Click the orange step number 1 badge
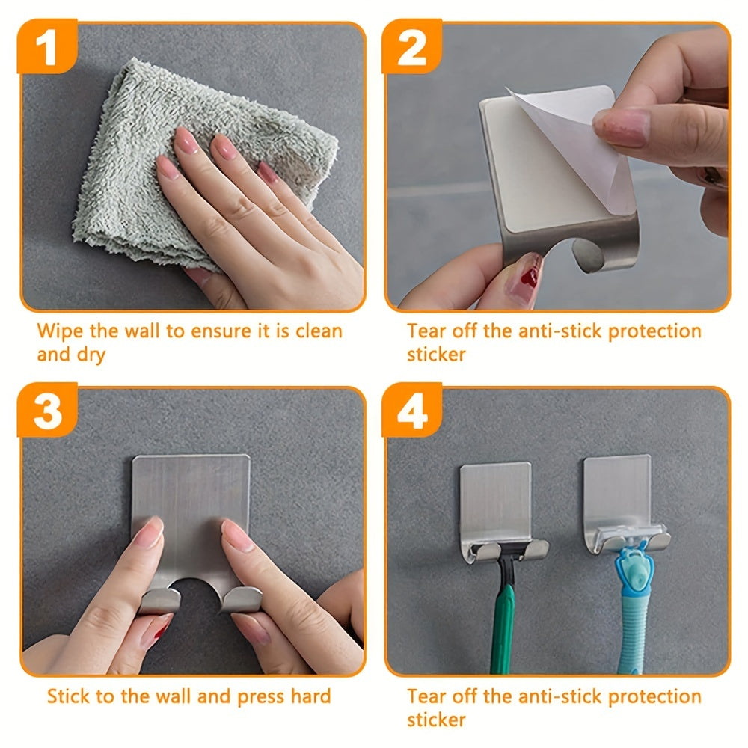point(47,46)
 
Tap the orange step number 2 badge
point(411,46)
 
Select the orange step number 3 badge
point(47,410)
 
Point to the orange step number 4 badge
point(411,410)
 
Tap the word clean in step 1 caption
point(319,331)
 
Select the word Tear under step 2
point(426,331)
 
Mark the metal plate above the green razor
point(496,501)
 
